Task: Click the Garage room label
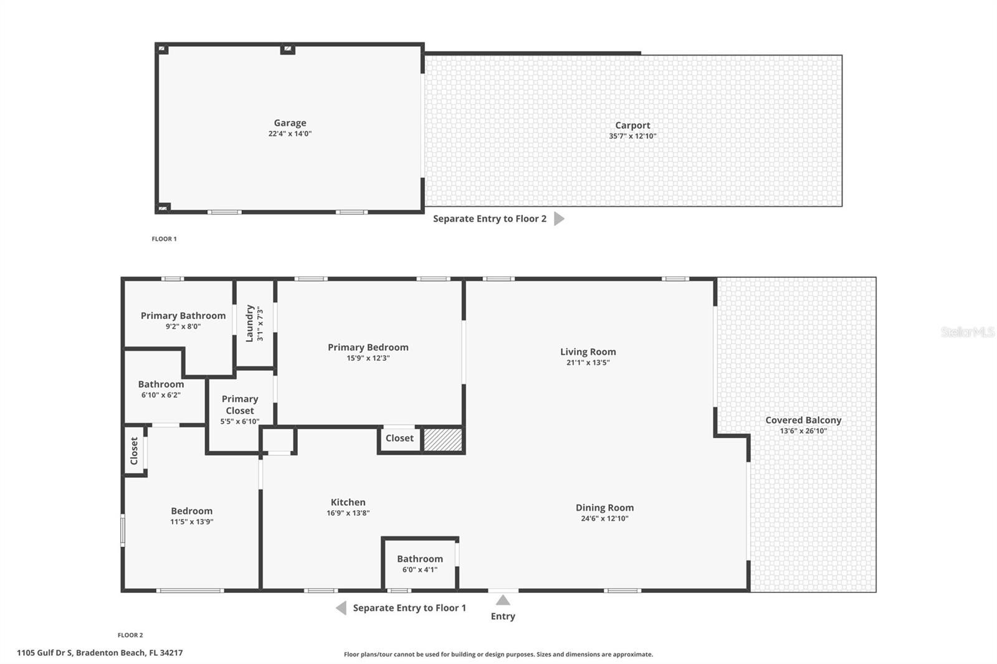pyautogui.click(x=290, y=123)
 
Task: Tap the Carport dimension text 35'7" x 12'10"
pyautogui.click(x=632, y=136)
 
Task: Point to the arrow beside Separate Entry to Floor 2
pyautogui.click(x=559, y=219)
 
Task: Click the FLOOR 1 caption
pyautogui.click(x=164, y=239)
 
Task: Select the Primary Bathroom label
pyautogui.click(x=183, y=316)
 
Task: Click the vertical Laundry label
pyautogui.click(x=249, y=323)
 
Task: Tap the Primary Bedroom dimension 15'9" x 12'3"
pyautogui.click(x=368, y=358)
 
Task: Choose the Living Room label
pyautogui.click(x=588, y=352)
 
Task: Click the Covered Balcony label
pyautogui.click(x=803, y=420)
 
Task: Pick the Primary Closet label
pyautogui.click(x=239, y=404)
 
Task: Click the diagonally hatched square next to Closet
pyautogui.click(x=442, y=440)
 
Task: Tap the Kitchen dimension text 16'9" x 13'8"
pyautogui.click(x=348, y=513)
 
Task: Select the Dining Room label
pyautogui.click(x=604, y=508)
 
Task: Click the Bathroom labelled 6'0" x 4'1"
pyautogui.click(x=420, y=559)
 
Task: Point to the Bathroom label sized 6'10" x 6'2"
pyautogui.click(x=161, y=384)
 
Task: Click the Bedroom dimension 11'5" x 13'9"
pyautogui.click(x=192, y=522)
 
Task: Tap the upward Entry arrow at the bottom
pyautogui.click(x=503, y=600)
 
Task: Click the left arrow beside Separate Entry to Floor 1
pyautogui.click(x=341, y=608)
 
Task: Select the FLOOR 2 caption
pyautogui.click(x=130, y=635)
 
